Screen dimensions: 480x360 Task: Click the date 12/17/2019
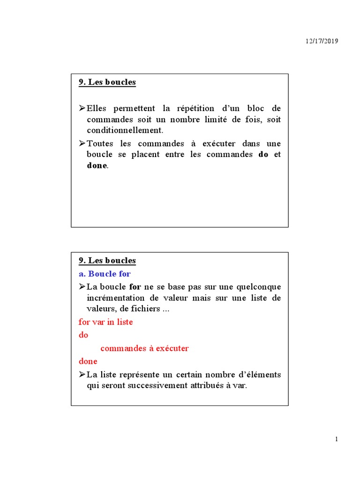(322, 41)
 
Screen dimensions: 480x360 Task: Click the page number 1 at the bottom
(337, 439)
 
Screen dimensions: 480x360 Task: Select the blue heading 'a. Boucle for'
(105, 273)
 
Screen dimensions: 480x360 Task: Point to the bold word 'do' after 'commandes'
(263, 154)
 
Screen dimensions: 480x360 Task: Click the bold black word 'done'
(97, 165)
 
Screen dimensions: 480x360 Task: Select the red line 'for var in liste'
(105, 322)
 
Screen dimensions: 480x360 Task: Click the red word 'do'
(83, 335)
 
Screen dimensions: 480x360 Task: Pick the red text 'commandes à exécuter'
(144, 348)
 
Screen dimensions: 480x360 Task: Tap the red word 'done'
(88, 361)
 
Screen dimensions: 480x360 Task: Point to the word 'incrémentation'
(116, 298)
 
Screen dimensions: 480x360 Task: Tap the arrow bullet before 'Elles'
(82, 108)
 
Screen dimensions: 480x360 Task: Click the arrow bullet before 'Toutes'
(82, 143)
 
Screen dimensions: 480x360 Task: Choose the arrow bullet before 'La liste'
(82, 375)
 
